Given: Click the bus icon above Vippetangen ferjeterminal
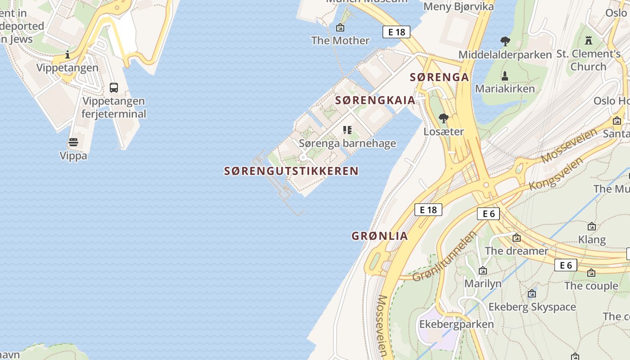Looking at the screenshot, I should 114,87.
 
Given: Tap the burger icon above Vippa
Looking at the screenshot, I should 73,143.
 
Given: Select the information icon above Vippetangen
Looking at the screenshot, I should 67,55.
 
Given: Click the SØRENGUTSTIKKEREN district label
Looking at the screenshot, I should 291,171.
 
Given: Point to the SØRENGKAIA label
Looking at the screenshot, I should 375,100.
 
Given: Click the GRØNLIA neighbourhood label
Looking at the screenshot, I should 380,236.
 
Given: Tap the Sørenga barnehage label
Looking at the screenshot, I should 347,144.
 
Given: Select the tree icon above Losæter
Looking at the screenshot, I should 443,118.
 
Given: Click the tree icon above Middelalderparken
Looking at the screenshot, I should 505,41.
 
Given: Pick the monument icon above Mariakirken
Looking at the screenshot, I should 505,76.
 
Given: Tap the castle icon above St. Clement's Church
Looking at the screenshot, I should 588,40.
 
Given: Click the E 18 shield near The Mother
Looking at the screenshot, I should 396,32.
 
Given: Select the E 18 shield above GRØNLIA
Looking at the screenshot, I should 428,210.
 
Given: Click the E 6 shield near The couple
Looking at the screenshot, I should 565,265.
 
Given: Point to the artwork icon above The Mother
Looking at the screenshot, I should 340,27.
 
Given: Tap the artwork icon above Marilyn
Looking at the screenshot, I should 482,270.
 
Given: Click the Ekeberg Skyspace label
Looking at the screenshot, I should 532,307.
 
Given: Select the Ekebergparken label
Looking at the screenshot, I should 456,324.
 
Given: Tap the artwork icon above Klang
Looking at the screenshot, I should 592,226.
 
